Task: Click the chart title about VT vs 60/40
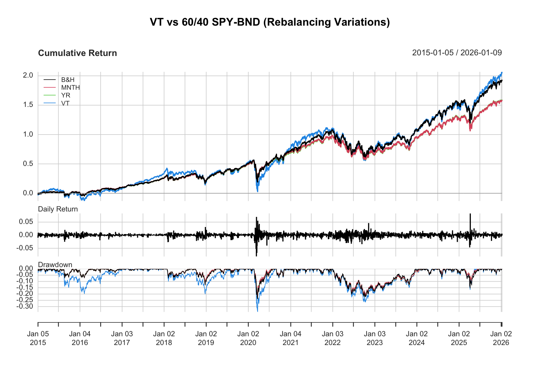(270, 22)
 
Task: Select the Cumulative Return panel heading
(77, 53)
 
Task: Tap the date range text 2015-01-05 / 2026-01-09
(457, 53)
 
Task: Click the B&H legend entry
(67, 80)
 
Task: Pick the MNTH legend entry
(70, 88)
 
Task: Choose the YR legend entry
(65, 95)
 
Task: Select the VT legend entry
(65, 104)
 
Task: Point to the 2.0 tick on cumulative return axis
(28, 75)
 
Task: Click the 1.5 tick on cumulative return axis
(28, 105)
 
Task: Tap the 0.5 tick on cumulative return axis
(28, 164)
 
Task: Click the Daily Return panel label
(58, 209)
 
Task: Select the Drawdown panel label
(55, 265)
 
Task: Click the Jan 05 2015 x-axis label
(38, 338)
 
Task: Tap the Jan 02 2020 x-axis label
(248, 338)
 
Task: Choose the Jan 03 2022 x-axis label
(332, 338)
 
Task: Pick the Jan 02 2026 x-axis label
(501, 338)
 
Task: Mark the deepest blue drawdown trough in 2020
(258, 311)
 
